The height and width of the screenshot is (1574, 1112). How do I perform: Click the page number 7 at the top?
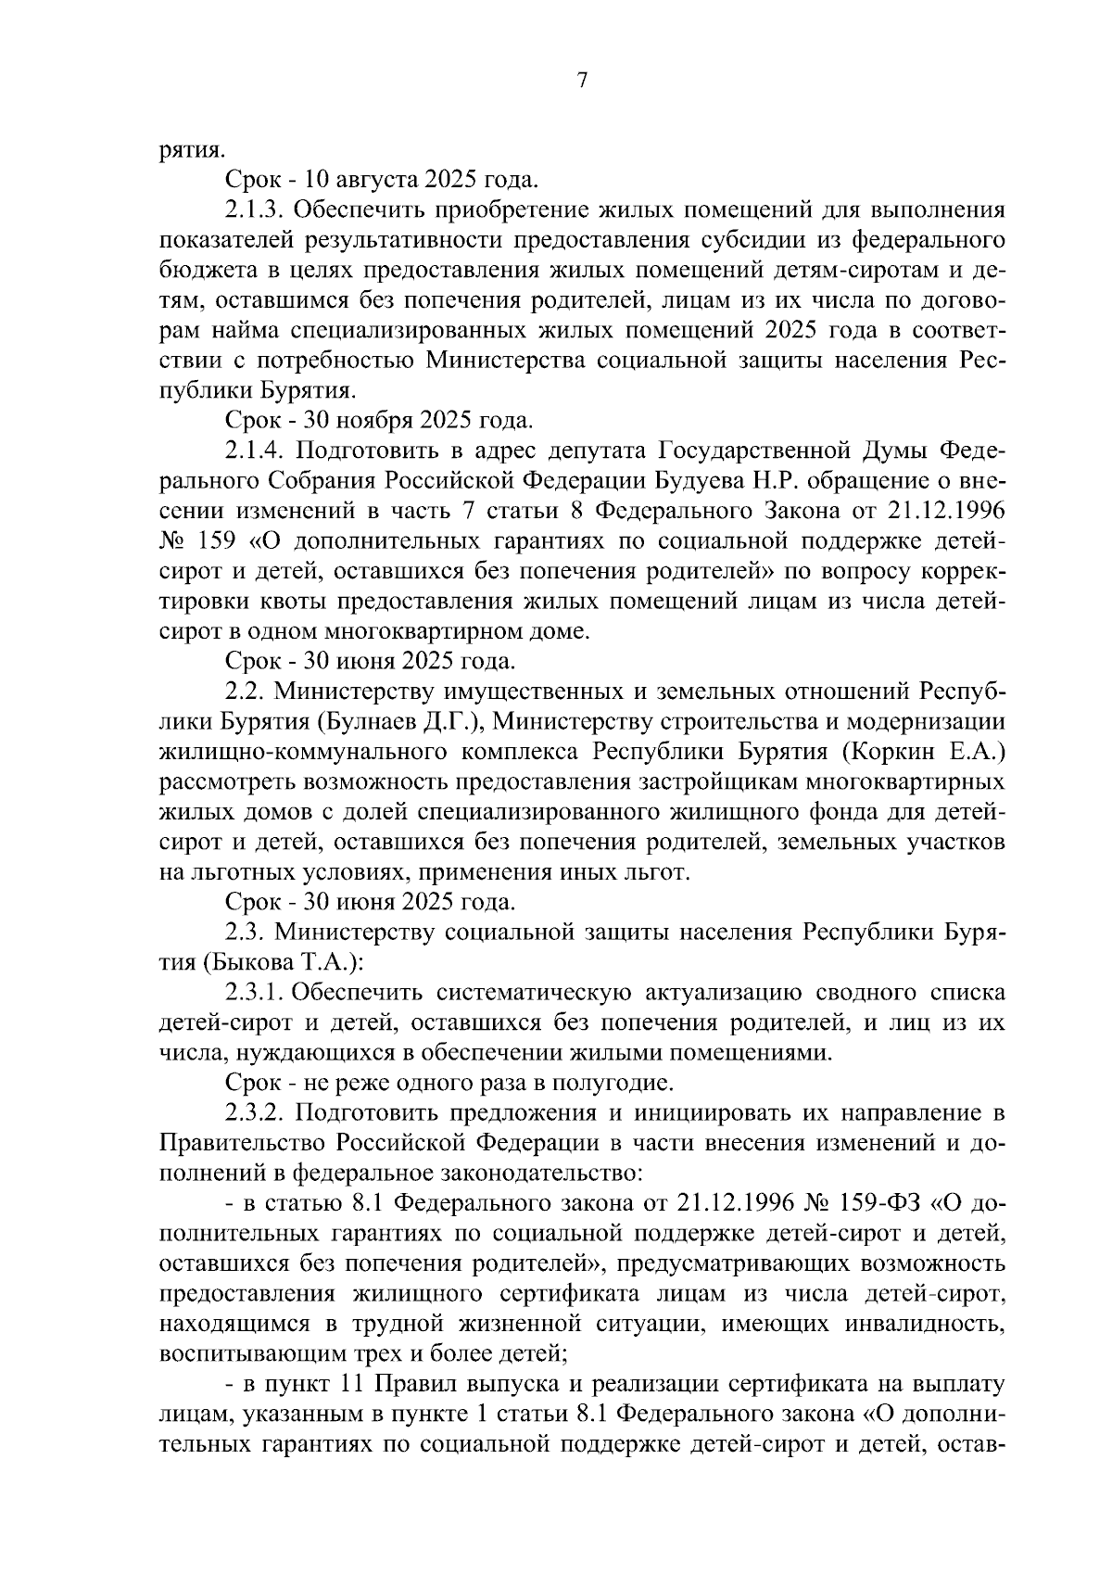pos(582,81)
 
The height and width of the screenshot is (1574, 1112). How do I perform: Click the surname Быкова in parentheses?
pos(246,962)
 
